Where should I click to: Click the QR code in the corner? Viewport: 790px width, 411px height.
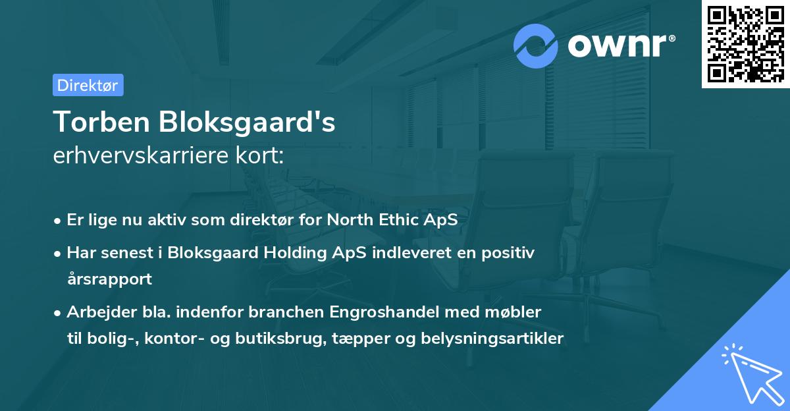coord(745,43)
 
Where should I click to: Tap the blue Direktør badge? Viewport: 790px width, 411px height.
coord(88,85)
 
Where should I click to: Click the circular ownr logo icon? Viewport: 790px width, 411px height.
coord(536,45)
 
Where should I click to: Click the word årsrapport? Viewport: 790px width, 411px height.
coord(109,279)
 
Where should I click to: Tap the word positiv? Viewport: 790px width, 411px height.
coord(510,252)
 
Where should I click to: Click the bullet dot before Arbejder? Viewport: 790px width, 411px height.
coord(59,312)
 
